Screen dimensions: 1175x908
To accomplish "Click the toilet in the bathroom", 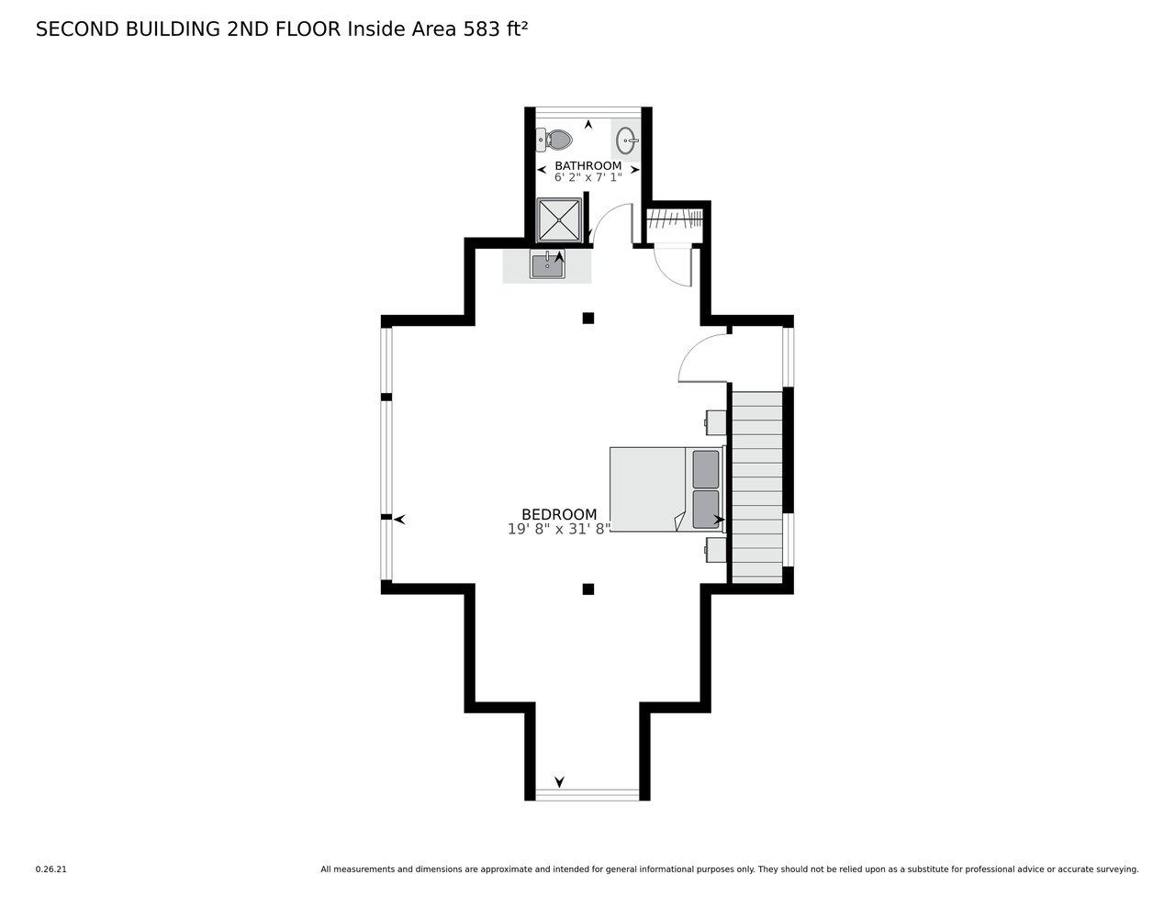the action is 554,140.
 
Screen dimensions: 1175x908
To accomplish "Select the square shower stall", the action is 558,220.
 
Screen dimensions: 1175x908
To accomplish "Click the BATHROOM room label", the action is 587,165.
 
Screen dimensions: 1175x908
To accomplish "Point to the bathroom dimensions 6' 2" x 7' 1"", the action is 587,177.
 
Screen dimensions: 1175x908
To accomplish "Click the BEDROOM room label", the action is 559,514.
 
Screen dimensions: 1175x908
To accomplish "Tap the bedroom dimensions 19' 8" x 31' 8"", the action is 559,529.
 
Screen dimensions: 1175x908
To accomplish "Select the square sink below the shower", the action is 547,264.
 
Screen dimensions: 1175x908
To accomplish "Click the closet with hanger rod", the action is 675,222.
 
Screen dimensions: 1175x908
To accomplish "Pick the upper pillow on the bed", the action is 706,469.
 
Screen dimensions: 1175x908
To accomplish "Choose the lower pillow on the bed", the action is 706,510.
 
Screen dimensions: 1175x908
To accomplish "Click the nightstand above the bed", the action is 715,422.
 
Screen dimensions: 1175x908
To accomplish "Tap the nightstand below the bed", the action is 715,550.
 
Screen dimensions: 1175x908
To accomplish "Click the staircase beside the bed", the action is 757,488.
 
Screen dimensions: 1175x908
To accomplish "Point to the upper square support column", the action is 588,318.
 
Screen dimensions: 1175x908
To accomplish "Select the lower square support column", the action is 588,589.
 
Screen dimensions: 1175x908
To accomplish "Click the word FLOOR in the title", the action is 308,29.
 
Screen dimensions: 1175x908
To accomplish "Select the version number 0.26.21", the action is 50,869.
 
